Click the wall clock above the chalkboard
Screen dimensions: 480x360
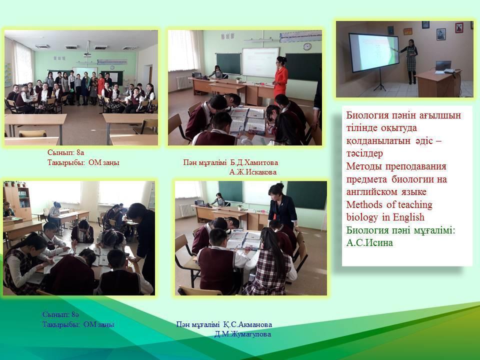pyautogui.click(x=307, y=46)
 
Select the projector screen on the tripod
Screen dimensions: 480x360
pyautogui.click(x=374, y=52)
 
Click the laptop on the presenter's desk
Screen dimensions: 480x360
pyautogui.click(x=443, y=66)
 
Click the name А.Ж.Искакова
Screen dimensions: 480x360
pyautogui.click(x=253, y=172)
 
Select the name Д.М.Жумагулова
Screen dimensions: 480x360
pyautogui.click(x=243, y=334)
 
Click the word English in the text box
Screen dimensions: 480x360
pyautogui.click(x=408, y=217)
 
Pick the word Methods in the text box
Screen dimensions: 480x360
pyautogui.click(x=364, y=204)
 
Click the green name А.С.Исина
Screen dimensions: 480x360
pyautogui.click(x=369, y=243)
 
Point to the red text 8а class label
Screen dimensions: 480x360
pyautogui.click(x=65, y=152)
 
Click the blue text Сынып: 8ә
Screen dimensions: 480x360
pyautogui.click(x=60, y=314)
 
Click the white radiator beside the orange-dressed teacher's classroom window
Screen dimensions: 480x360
pyautogui.click(x=183, y=82)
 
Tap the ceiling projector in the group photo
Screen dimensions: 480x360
pyautogui.click(x=87, y=54)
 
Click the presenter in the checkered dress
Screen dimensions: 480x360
pyautogui.click(x=410, y=61)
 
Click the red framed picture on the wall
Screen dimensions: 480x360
pyautogui.click(x=459, y=27)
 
